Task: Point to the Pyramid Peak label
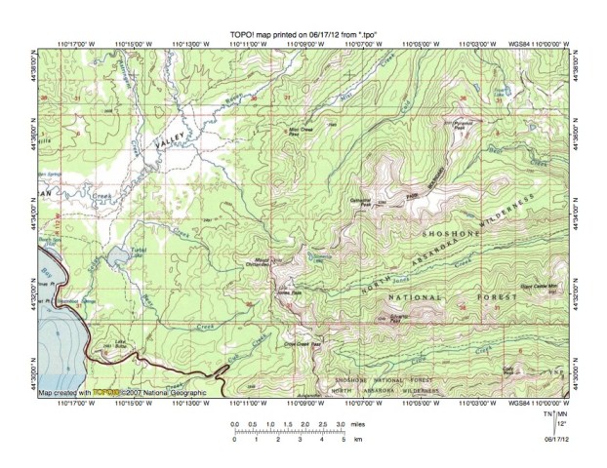[457, 124]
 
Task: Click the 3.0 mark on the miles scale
[338, 426]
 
